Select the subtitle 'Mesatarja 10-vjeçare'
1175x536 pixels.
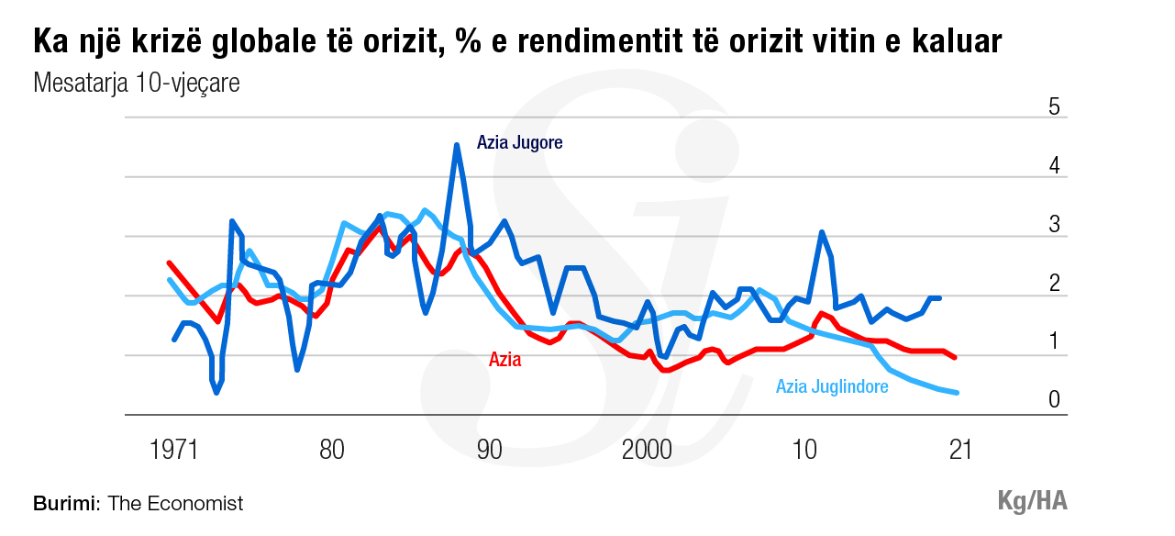[x=136, y=84]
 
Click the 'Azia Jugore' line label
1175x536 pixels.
[x=519, y=143]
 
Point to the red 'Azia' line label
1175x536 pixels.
[x=504, y=360]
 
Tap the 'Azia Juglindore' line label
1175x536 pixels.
[x=832, y=386]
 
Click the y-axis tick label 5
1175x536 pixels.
[x=1054, y=107]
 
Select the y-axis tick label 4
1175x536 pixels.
[x=1054, y=167]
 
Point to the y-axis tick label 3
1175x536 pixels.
[x=1054, y=225]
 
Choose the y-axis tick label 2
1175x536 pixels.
[x=1054, y=284]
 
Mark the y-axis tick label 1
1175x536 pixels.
[x=1054, y=342]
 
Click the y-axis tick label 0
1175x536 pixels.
[x=1054, y=400]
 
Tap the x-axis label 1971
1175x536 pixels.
[x=174, y=451]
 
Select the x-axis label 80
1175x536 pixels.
[x=332, y=451]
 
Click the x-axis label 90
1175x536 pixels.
[x=490, y=451]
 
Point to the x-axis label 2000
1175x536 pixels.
[x=648, y=451]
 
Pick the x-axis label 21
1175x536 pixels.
[x=959, y=451]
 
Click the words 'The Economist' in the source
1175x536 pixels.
[x=175, y=504]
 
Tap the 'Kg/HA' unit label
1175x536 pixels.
[x=1032, y=501]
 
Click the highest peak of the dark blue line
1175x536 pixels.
[x=456, y=145]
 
